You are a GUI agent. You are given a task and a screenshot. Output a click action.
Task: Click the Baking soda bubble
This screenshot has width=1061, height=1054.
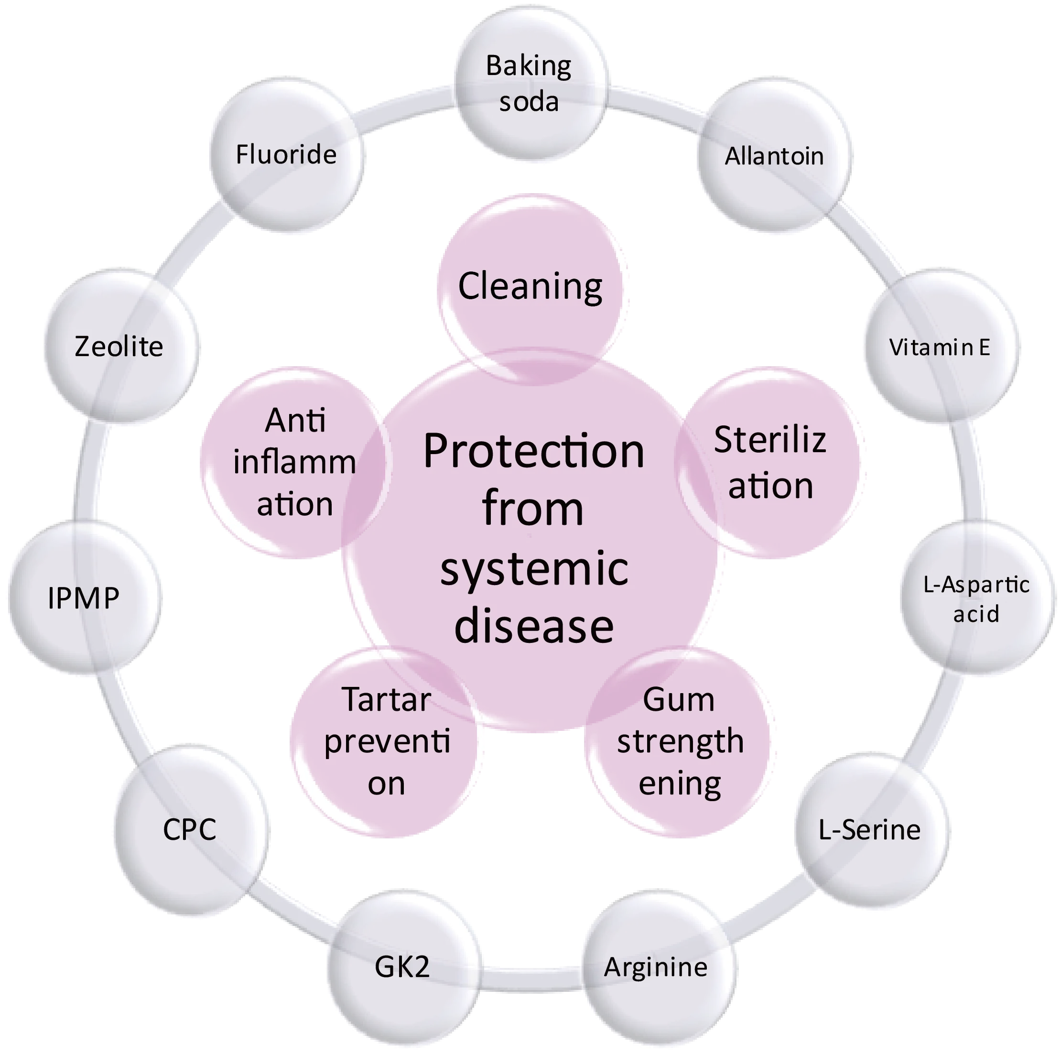530,85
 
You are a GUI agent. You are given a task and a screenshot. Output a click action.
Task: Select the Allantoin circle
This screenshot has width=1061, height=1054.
774,156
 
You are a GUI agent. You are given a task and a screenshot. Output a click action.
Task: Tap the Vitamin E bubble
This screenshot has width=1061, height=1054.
940,347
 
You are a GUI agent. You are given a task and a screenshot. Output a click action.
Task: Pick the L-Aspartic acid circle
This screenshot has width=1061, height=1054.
976,598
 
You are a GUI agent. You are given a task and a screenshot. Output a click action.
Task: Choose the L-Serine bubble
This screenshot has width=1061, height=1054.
870,829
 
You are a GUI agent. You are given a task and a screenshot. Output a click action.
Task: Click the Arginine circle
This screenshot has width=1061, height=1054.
657,967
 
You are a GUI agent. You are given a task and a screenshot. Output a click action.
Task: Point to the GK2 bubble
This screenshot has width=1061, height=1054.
402,967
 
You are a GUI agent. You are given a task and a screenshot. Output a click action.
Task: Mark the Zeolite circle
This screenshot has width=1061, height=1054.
119,347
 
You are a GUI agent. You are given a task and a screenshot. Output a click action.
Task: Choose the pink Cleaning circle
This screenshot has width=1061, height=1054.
530,285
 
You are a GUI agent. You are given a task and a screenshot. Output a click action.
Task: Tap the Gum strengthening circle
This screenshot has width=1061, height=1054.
680,741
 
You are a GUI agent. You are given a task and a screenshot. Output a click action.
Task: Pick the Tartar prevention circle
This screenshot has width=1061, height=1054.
387,741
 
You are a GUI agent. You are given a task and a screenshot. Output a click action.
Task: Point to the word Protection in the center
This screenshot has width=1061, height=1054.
534,452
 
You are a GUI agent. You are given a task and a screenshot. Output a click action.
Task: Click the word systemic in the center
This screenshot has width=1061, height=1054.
534,569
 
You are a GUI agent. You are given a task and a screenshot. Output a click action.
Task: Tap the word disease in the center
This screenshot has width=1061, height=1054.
534,627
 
